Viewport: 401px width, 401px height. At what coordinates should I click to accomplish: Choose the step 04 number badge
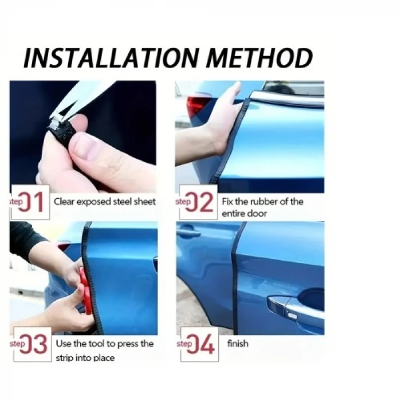198,344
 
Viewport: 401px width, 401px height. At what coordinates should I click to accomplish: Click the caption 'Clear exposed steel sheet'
104,202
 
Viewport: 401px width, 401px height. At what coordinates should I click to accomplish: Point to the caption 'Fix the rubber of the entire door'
262,207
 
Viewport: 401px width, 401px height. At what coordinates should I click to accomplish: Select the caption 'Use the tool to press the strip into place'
104,350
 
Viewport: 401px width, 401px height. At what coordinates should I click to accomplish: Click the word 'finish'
238,344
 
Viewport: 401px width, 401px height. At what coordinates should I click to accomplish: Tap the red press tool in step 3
85,292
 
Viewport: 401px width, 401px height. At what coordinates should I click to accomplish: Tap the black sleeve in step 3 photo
26,235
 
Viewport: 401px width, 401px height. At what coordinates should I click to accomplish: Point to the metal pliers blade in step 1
86,97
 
